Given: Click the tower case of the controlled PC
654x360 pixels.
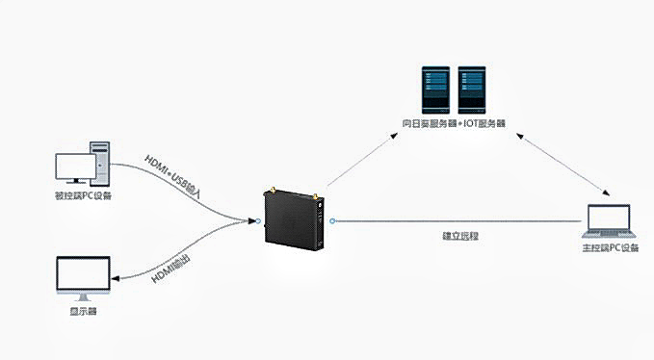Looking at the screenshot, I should (101, 163).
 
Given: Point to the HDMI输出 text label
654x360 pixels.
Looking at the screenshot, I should (172, 267).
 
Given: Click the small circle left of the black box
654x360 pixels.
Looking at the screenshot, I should (257, 221).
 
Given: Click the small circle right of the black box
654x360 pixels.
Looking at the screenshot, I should (332, 221).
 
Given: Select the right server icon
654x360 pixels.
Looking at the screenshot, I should (471, 90).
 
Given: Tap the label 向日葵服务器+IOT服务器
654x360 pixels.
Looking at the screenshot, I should (454, 124).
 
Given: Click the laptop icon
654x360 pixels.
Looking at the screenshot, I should (610, 222).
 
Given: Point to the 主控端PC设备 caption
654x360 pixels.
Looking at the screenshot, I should (611, 248).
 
